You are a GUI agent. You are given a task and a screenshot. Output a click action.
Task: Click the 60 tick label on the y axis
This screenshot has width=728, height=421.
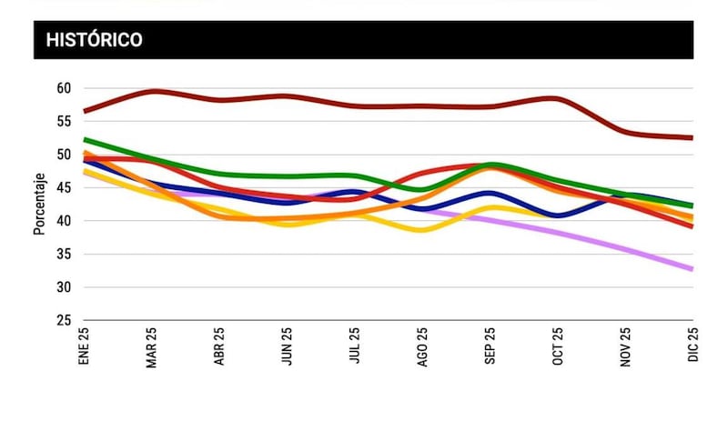pyautogui.click(x=63, y=88)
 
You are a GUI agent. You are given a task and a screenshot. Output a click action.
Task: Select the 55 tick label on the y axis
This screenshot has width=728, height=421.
pyautogui.click(x=63, y=121)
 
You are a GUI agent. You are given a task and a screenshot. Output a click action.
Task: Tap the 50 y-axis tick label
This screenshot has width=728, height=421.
pyautogui.click(x=63, y=155)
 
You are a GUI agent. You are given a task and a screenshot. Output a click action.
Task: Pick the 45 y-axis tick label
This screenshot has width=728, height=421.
pyautogui.click(x=63, y=187)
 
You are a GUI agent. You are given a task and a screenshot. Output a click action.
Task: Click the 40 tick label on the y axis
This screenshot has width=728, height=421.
pyautogui.click(x=63, y=221)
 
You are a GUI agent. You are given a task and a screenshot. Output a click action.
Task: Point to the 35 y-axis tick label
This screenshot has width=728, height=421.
pyautogui.click(x=63, y=254)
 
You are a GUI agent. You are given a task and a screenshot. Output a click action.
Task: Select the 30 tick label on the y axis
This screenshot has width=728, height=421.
pyautogui.click(x=63, y=287)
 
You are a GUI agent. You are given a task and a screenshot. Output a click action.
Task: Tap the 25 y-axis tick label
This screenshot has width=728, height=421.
pyautogui.click(x=63, y=320)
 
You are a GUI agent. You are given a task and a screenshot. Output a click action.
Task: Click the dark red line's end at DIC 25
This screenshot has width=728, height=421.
pyautogui.click(x=692, y=138)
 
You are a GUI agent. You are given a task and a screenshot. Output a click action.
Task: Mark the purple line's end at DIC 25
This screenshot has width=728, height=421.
pyautogui.click(x=692, y=269)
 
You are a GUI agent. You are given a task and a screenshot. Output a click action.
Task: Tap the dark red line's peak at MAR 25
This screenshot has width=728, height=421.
pyautogui.click(x=153, y=91)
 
